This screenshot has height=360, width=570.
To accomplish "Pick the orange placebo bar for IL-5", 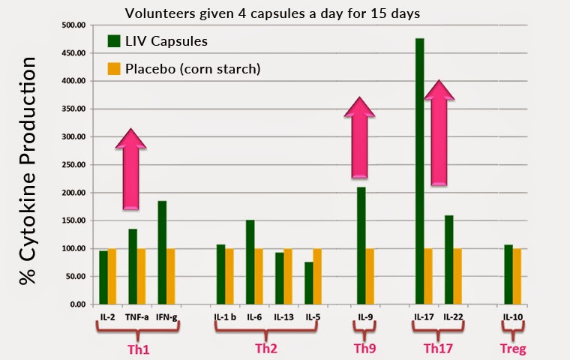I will (316, 276).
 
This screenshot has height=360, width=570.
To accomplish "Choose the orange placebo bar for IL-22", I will (457, 276).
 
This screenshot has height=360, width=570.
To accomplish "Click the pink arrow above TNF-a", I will (132, 169).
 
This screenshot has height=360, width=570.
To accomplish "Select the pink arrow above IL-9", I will (359, 139).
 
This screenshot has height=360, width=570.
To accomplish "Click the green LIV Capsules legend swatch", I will (114, 41).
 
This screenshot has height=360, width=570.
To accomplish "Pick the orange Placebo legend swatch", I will (114, 69).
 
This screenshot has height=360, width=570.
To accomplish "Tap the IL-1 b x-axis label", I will (224, 317).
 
